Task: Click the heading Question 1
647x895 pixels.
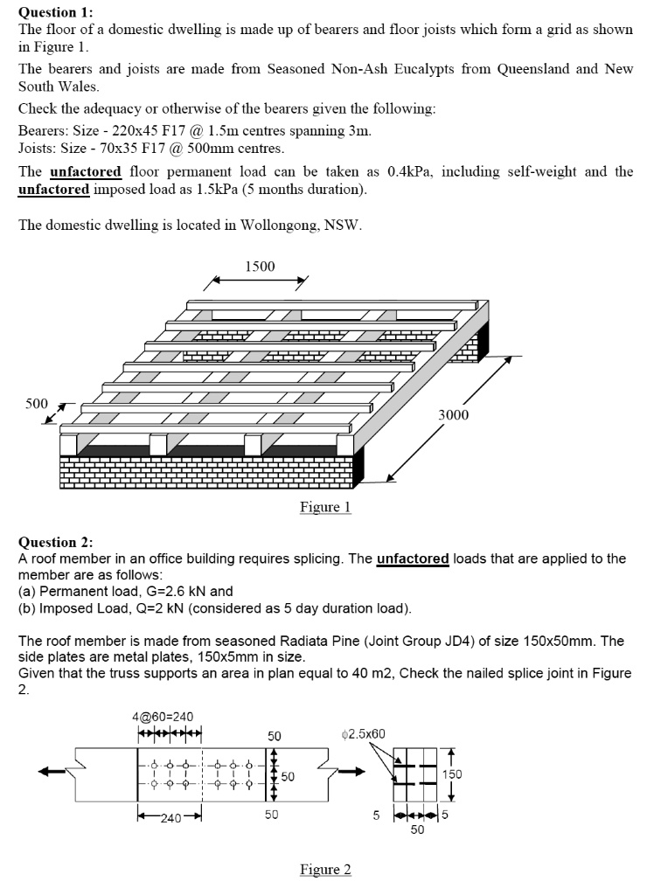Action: pos(55,12)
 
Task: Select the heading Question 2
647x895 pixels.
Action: pos(55,543)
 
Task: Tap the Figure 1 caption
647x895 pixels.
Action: pos(325,507)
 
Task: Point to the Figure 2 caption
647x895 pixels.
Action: pos(325,869)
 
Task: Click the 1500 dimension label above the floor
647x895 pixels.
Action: pos(259,266)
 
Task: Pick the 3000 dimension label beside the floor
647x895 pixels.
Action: pos(454,415)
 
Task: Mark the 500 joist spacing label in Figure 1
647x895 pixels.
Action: pos(36,404)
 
